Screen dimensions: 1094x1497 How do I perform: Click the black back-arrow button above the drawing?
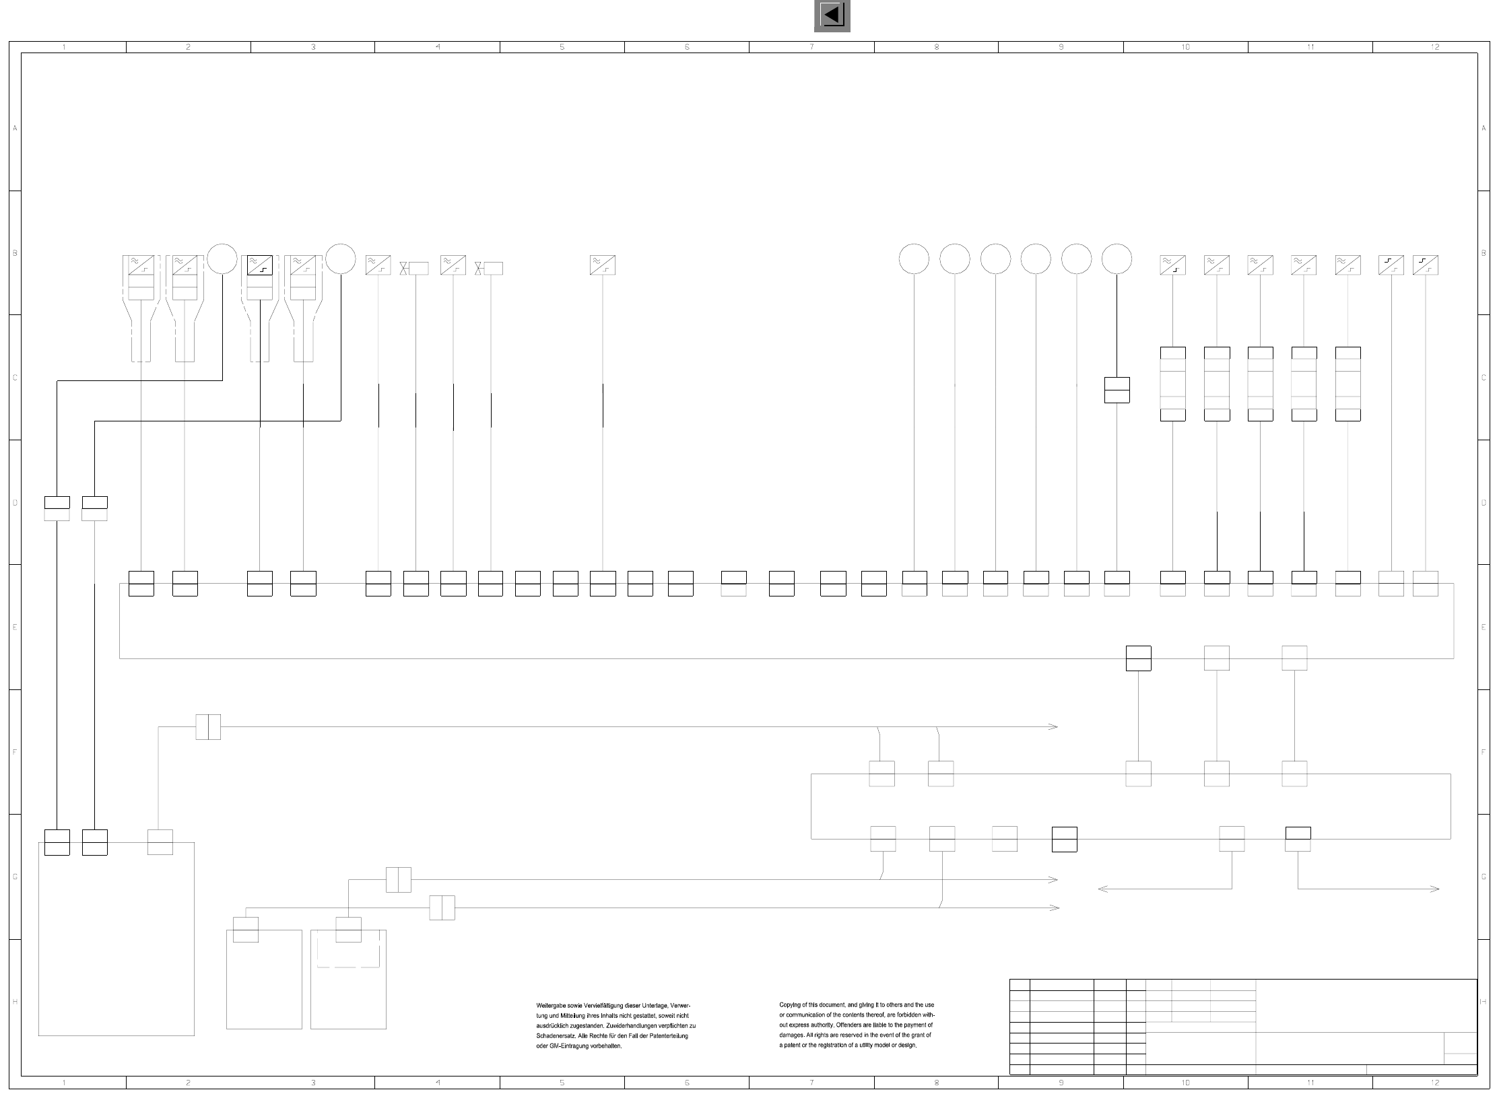832,15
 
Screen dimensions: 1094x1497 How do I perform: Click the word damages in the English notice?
792,1035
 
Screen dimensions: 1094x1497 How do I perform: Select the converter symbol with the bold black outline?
260,265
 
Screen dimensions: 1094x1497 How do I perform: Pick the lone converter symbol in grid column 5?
603,265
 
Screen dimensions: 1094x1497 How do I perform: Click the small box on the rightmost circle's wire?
1117,390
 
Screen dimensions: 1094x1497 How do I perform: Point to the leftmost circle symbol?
222,259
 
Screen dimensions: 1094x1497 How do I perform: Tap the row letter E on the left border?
15,627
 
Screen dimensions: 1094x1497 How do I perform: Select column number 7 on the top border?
811,47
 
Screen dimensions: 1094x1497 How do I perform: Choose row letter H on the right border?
1484,1001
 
